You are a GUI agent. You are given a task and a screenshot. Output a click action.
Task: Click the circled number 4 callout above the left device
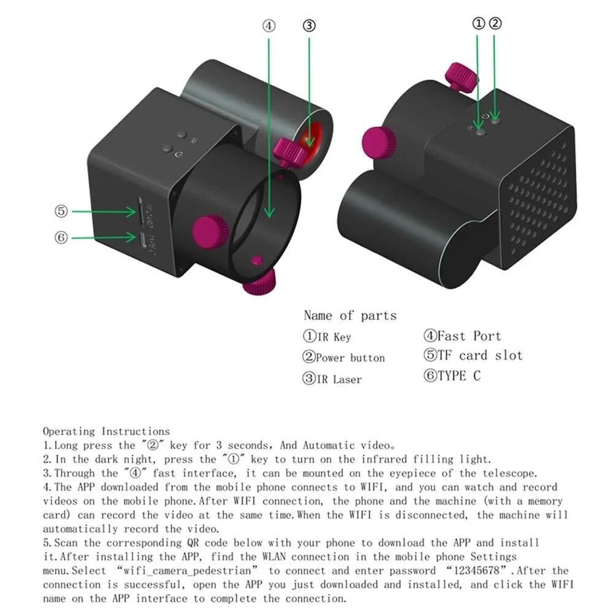[269, 26]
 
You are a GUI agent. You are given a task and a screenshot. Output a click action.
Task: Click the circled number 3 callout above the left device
[310, 26]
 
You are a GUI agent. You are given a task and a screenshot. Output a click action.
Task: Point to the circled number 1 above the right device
[479, 23]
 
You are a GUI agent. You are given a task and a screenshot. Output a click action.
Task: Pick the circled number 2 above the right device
[495, 23]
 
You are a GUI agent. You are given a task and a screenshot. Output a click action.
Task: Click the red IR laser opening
[311, 135]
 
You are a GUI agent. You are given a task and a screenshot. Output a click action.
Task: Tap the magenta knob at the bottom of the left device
[259, 284]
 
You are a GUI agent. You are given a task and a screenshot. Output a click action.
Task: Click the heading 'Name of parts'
[350, 316]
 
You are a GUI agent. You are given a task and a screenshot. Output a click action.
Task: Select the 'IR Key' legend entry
[327, 337]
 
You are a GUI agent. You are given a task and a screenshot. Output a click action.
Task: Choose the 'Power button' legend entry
[344, 358]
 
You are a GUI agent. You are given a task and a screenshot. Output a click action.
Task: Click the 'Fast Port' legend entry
[462, 336]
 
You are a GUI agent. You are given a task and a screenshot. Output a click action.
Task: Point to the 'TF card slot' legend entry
[473, 356]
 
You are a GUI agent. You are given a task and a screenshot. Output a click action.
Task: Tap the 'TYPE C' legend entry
[452, 376]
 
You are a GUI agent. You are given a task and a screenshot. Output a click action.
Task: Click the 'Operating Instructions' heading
[106, 432]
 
